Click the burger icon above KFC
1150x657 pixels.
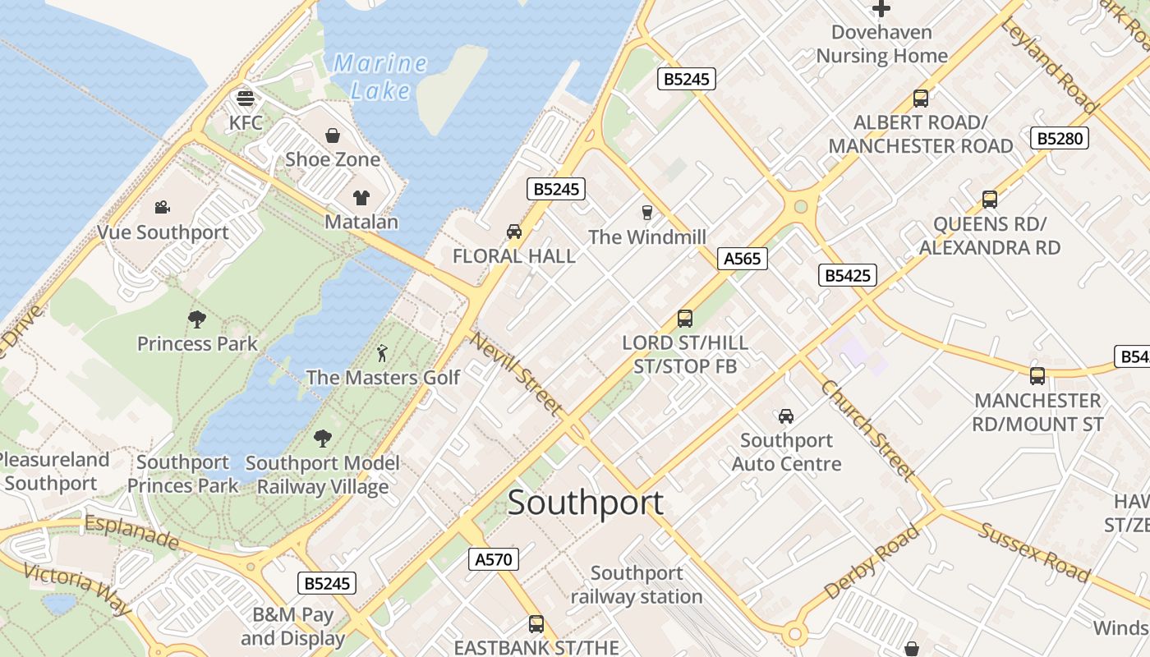click(x=245, y=99)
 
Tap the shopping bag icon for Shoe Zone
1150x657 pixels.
click(x=333, y=136)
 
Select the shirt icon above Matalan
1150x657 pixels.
click(x=361, y=197)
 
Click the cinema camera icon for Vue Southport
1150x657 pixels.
click(x=163, y=208)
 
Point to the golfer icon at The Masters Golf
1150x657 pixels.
click(x=382, y=353)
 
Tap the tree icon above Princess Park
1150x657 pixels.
click(x=196, y=319)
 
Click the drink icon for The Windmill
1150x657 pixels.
click(x=646, y=213)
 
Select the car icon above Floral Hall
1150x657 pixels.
click(x=514, y=232)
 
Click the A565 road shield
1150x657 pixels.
click(x=742, y=259)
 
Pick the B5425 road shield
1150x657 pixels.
click(x=847, y=275)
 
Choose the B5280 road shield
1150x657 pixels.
click(x=1060, y=138)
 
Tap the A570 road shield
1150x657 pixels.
click(x=494, y=560)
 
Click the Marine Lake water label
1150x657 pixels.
click(x=380, y=76)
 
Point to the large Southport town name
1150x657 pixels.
click(x=585, y=503)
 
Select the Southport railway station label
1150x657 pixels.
click(x=637, y=585)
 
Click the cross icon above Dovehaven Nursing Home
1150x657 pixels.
click(x=881, y=9)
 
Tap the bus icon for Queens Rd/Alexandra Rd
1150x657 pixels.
click(x=990, y=199)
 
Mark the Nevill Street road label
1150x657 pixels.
click(x=517, y=374)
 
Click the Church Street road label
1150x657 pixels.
click(x=867, y=430)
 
